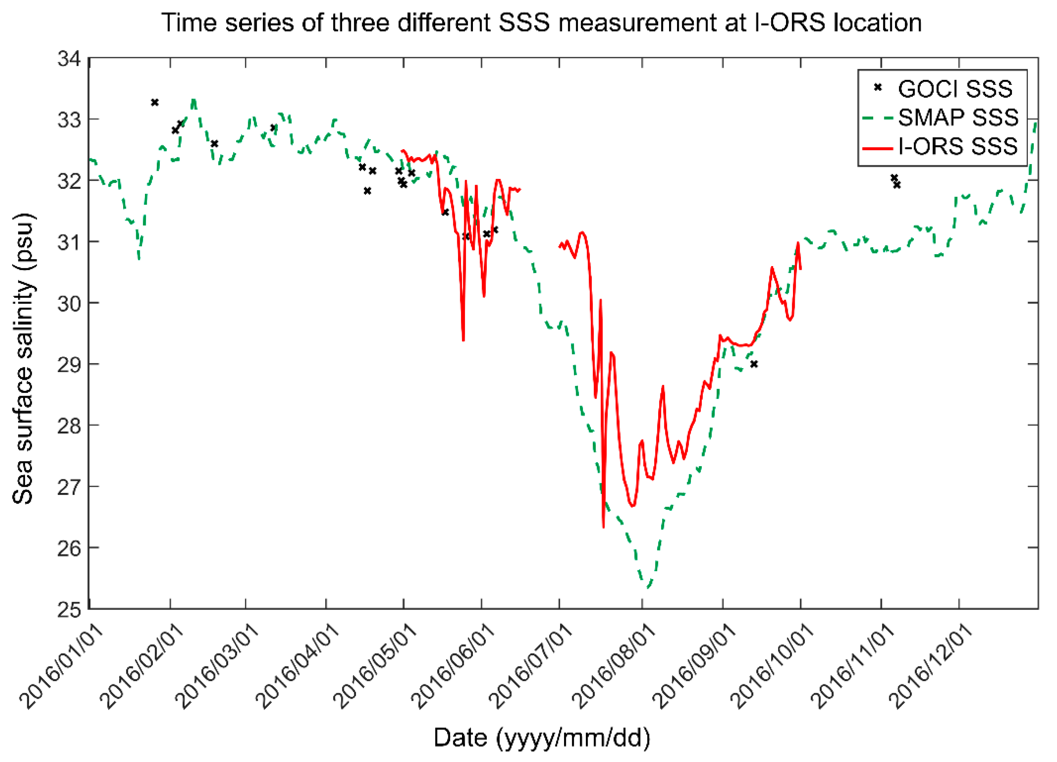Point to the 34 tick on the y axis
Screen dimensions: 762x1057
(69, 59)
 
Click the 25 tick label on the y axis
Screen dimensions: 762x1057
(69, 609)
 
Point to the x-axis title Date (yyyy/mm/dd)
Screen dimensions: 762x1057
(542, 737)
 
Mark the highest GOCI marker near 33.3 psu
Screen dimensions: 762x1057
(155, 102)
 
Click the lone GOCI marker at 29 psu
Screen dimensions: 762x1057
(754, 364)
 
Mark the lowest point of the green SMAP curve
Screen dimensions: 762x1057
(648, 588)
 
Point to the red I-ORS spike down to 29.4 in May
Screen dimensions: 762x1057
(463, 341)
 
